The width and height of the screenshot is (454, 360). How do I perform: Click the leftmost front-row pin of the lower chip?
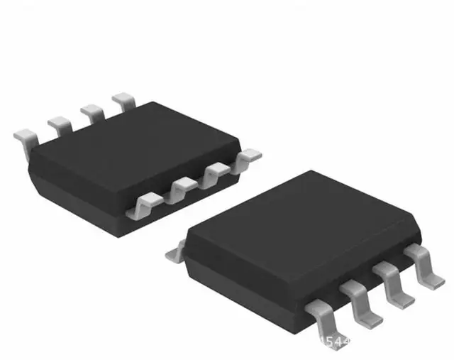click(323, 313)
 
